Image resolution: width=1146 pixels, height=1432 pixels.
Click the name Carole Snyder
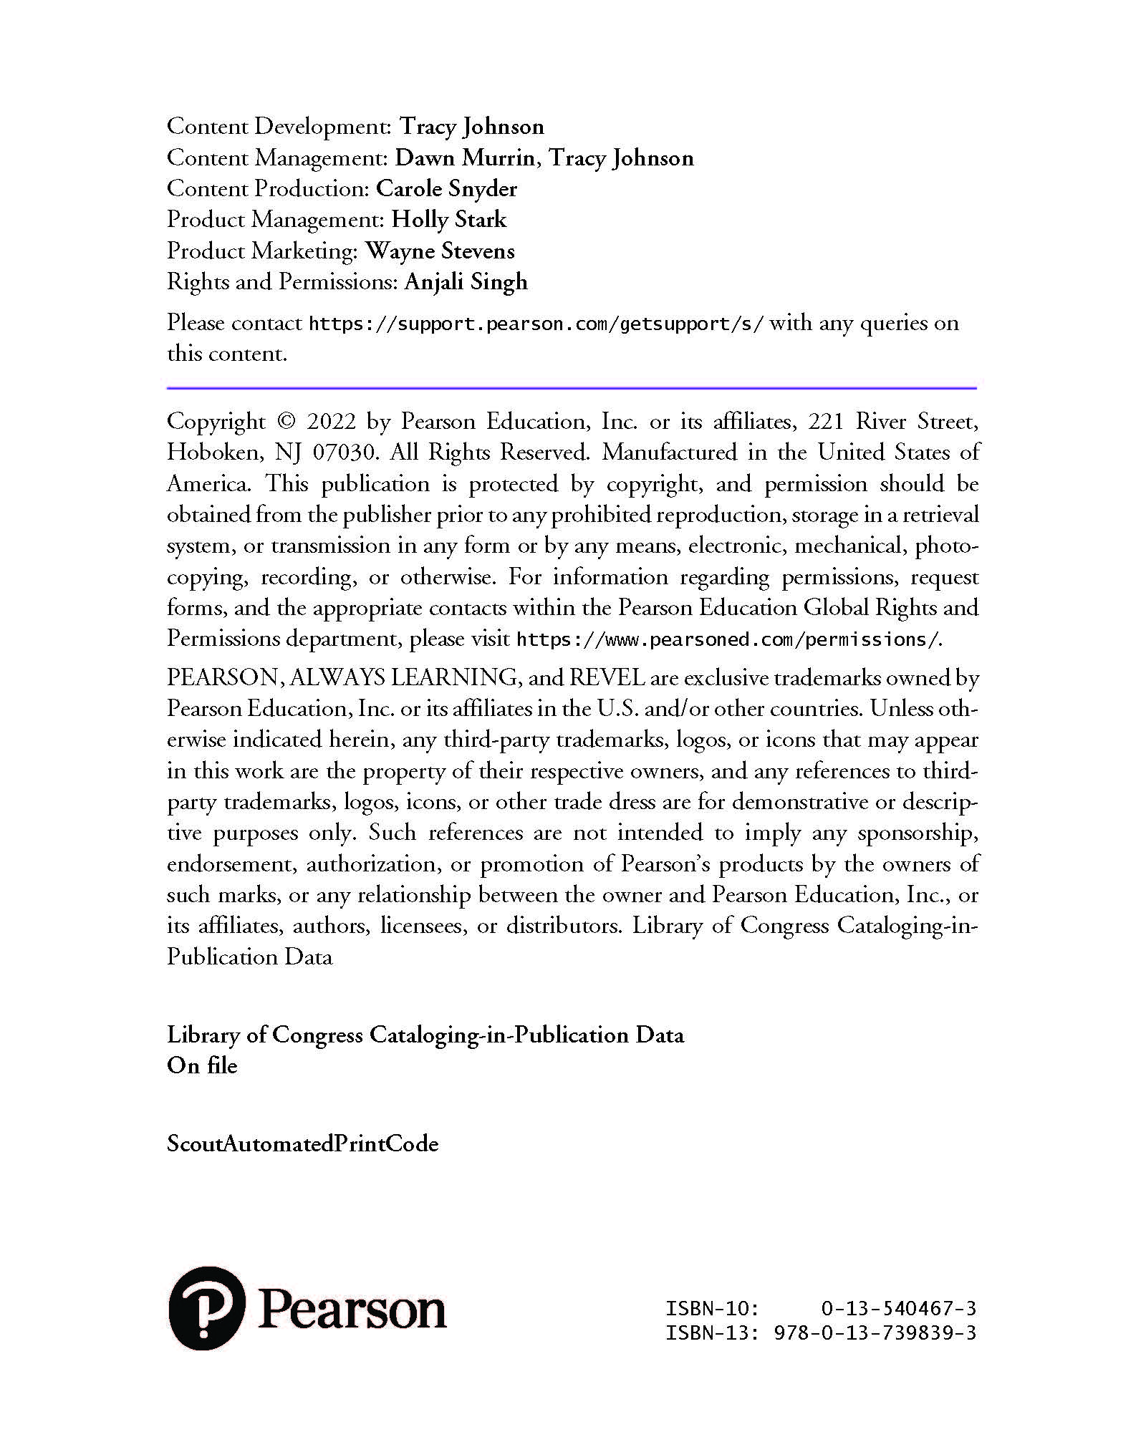pyautogui.click(x=446, y=189)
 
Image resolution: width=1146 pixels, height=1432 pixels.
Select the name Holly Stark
pyautogui.click(x=448, y=220)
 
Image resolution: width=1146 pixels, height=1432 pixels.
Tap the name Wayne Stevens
pyautogui.click(x=440, y=251)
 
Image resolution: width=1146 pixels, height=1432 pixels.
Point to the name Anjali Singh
pyautogui.click(x=466, y=282)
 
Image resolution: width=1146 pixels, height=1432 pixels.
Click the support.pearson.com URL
pyautogui.click(x=536, y=324)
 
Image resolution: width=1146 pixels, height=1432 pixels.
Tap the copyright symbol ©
pyautogui.click(x=286, y=422)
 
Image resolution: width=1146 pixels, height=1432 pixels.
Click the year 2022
pyautogui.click(x=332, y=422)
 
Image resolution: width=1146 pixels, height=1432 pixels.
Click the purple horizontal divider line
pyautogui.click(x=572, y=388)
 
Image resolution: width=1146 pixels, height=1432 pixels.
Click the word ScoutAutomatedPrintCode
pyautogui.click(x=302, y=1143)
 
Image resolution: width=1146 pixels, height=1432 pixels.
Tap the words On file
pyautogui.click(x=202, y=1066)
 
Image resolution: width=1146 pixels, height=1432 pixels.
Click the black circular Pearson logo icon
pyautogui.click(x=206, y=1309)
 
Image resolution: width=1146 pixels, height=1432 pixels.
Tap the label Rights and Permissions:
pyautogui.click(x=282, y=282)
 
